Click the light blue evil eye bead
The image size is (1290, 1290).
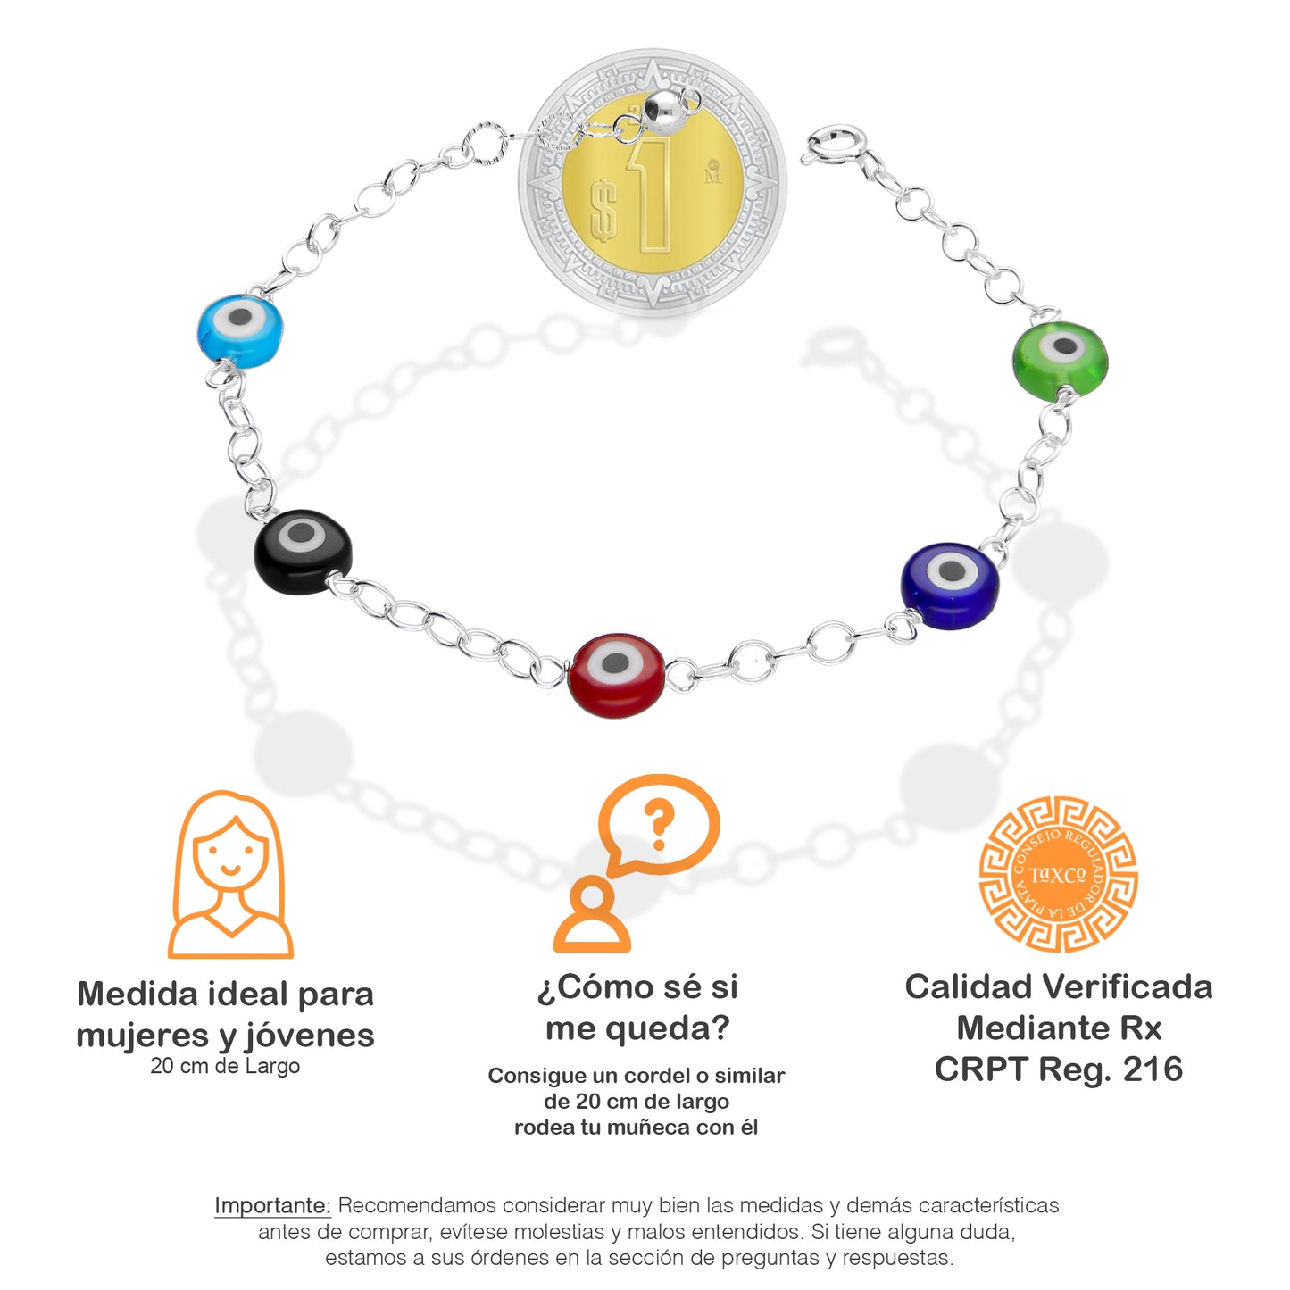point(239,330)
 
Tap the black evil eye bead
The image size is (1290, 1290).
point(303,551)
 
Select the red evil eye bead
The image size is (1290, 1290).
point(616,675)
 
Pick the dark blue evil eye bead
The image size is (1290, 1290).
point(949,585)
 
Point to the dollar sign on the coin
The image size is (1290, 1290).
point(604,209)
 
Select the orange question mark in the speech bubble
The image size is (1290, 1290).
point(660,824)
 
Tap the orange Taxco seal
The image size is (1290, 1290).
point(1058,874)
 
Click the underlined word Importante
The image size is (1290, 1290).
point(272,1205)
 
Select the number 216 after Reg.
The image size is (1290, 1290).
point(1153,1069)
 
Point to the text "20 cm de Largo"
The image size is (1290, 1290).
point(225,1066)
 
